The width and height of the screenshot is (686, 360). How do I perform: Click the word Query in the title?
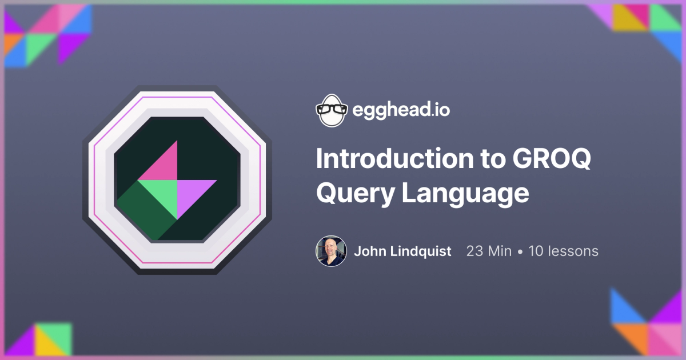[x=354, y=193]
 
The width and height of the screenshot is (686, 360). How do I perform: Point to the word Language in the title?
[x=464, y=194]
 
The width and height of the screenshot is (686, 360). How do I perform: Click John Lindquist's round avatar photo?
[x=331, y=251]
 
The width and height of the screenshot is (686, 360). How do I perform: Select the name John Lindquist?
[x=402, y=251]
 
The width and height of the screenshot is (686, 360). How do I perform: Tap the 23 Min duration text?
[x=489, y=251]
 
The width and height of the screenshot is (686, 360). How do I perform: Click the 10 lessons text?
[x=563, y=251]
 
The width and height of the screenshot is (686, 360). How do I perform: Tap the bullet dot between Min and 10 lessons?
[x=520, y=251]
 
